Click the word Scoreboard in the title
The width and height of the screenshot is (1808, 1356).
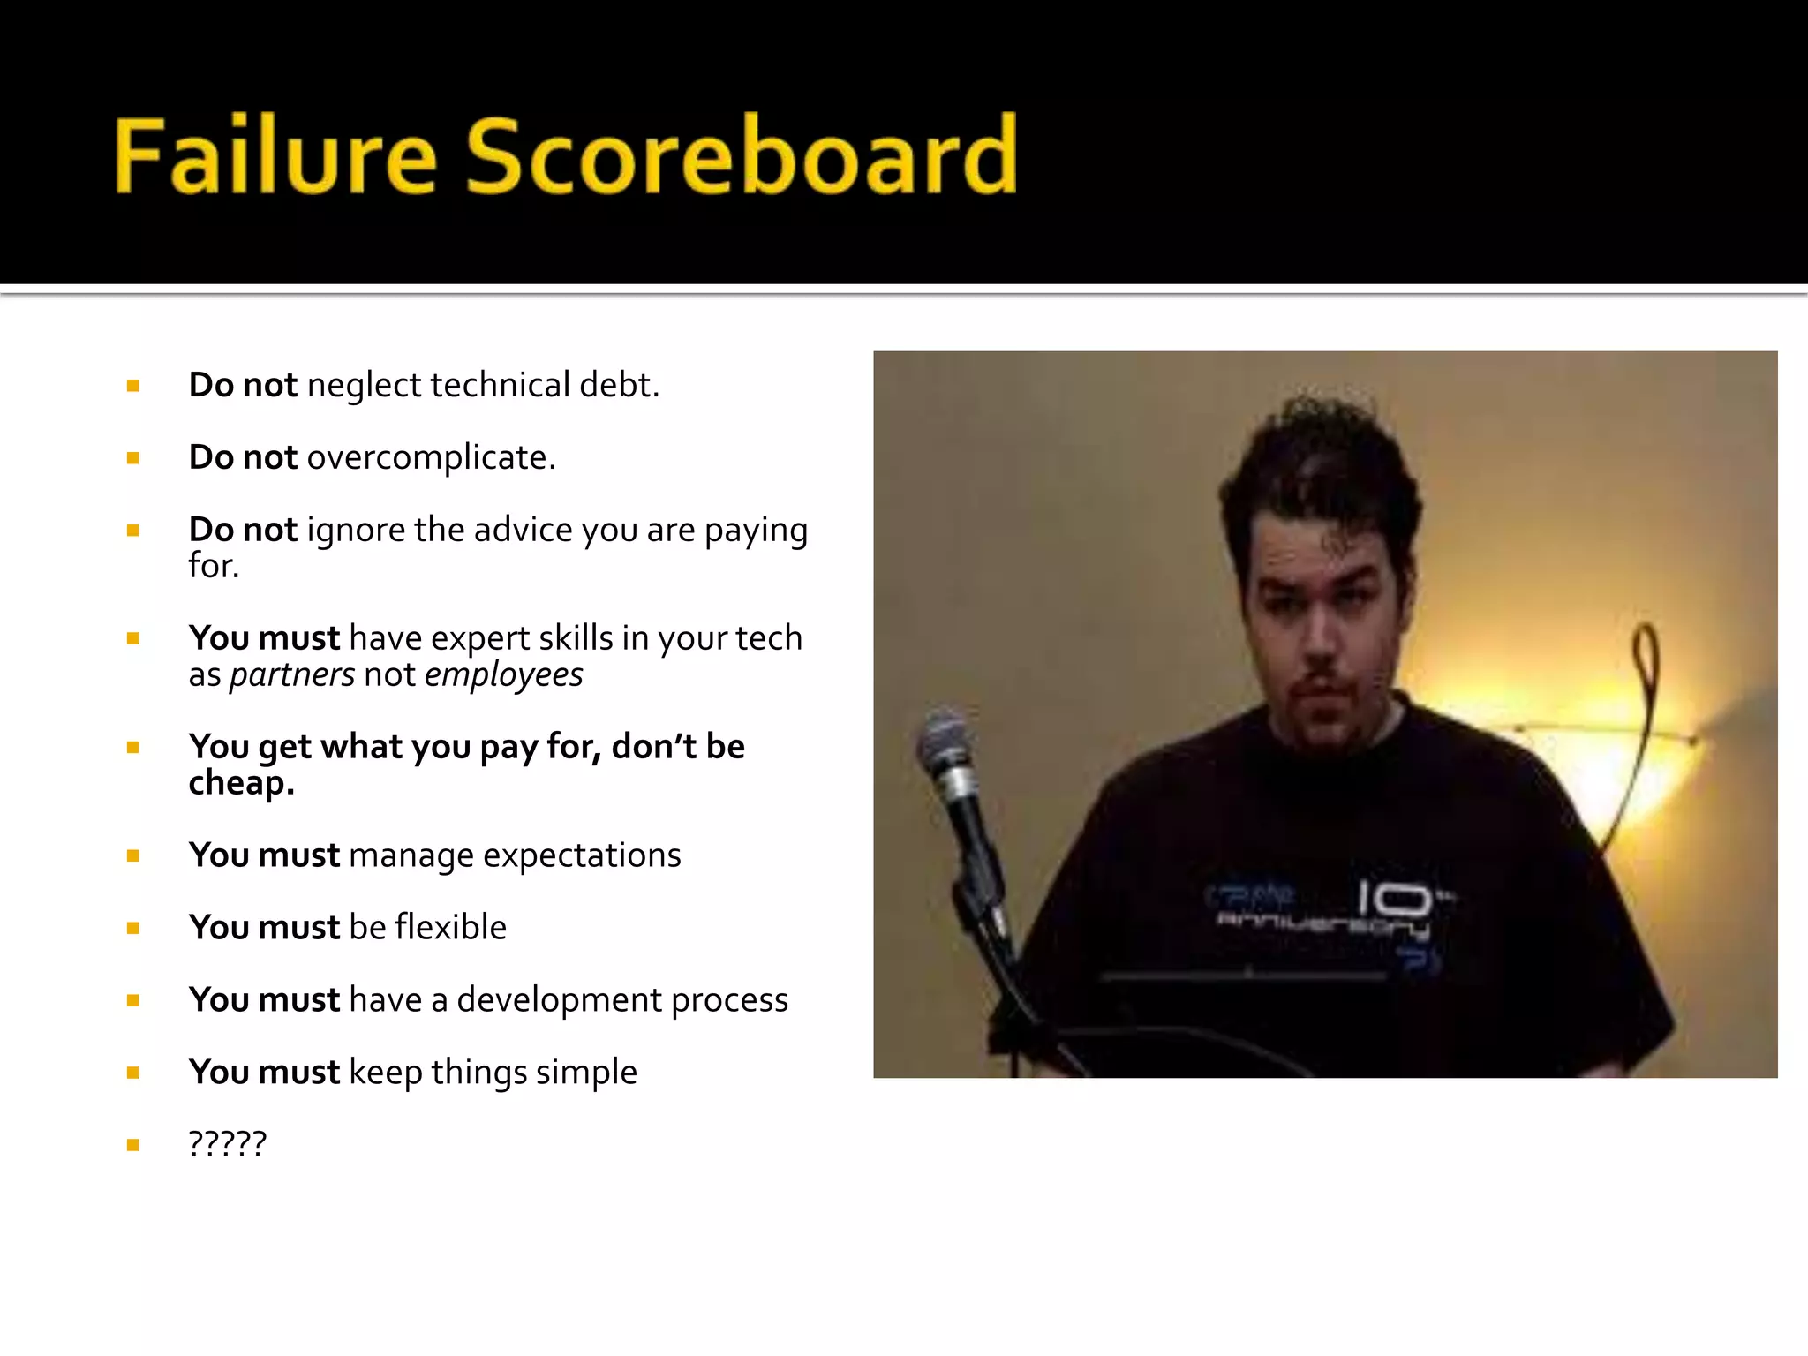(x=742, y=155)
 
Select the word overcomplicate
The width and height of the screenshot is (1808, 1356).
(x=431, y=458)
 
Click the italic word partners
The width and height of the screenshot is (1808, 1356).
(x=292, y=675)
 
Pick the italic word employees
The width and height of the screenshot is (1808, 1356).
(x=503, y=675)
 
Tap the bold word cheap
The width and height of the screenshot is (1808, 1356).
(x=240, y=784)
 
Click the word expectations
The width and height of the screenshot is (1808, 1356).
(x=582, y=855)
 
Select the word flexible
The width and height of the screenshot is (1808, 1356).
(x=450, y=928)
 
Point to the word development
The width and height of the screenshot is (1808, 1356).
(x=559, y=1000)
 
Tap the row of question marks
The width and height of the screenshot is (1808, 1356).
(x=227, y=1144)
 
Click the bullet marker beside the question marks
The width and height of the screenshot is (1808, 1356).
(x=133, y=1146)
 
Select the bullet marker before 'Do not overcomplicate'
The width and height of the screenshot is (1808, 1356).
(x=133, y=458)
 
